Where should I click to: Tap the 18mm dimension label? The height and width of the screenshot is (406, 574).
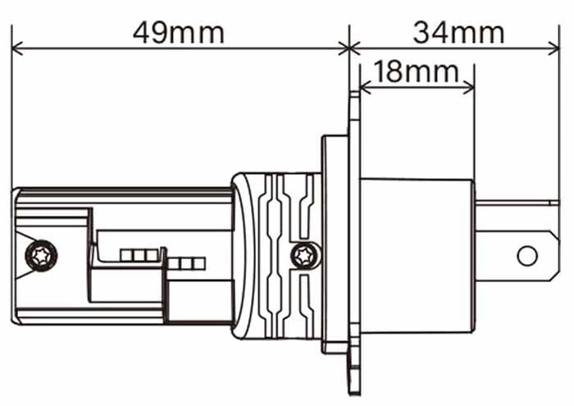pyautogui.click(x=415, y=71)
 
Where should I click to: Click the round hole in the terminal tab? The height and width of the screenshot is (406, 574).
pyautogui.click(x=526, y=254)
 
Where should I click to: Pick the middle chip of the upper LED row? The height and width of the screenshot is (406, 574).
pyautogui.click(x=139, y=255)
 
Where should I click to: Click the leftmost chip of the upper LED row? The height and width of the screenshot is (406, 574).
pyautogui.click(x=126, y=255)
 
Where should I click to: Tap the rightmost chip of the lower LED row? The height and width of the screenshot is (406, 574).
pyautogui.click(x=197, y=264)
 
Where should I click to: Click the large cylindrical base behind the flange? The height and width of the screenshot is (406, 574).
pyautogui.click(x=417, y=254)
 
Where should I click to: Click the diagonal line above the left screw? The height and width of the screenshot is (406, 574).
pyautogui.click(x=54, y=217)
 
